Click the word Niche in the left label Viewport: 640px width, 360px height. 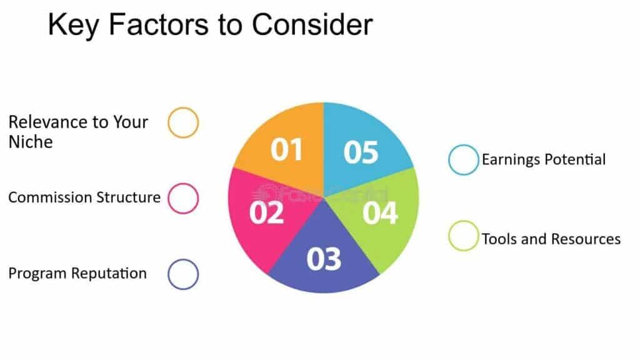point(31,142)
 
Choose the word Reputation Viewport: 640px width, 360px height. point(109,274)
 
